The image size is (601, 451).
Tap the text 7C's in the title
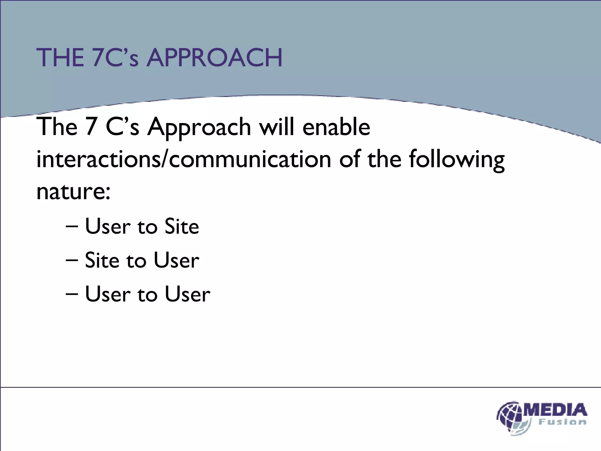(x=115, y=58)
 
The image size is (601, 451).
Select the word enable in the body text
(x=336, y=127)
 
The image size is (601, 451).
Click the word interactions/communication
(x=184, y=159)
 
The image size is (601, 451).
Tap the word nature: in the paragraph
(x=73, y=191)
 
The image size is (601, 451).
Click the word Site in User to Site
(x=182, y=227)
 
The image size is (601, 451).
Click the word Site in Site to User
(x=102, y=260)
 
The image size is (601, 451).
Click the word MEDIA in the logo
(x=555, y=410)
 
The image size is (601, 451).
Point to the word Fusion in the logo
(x=562, y=422)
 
